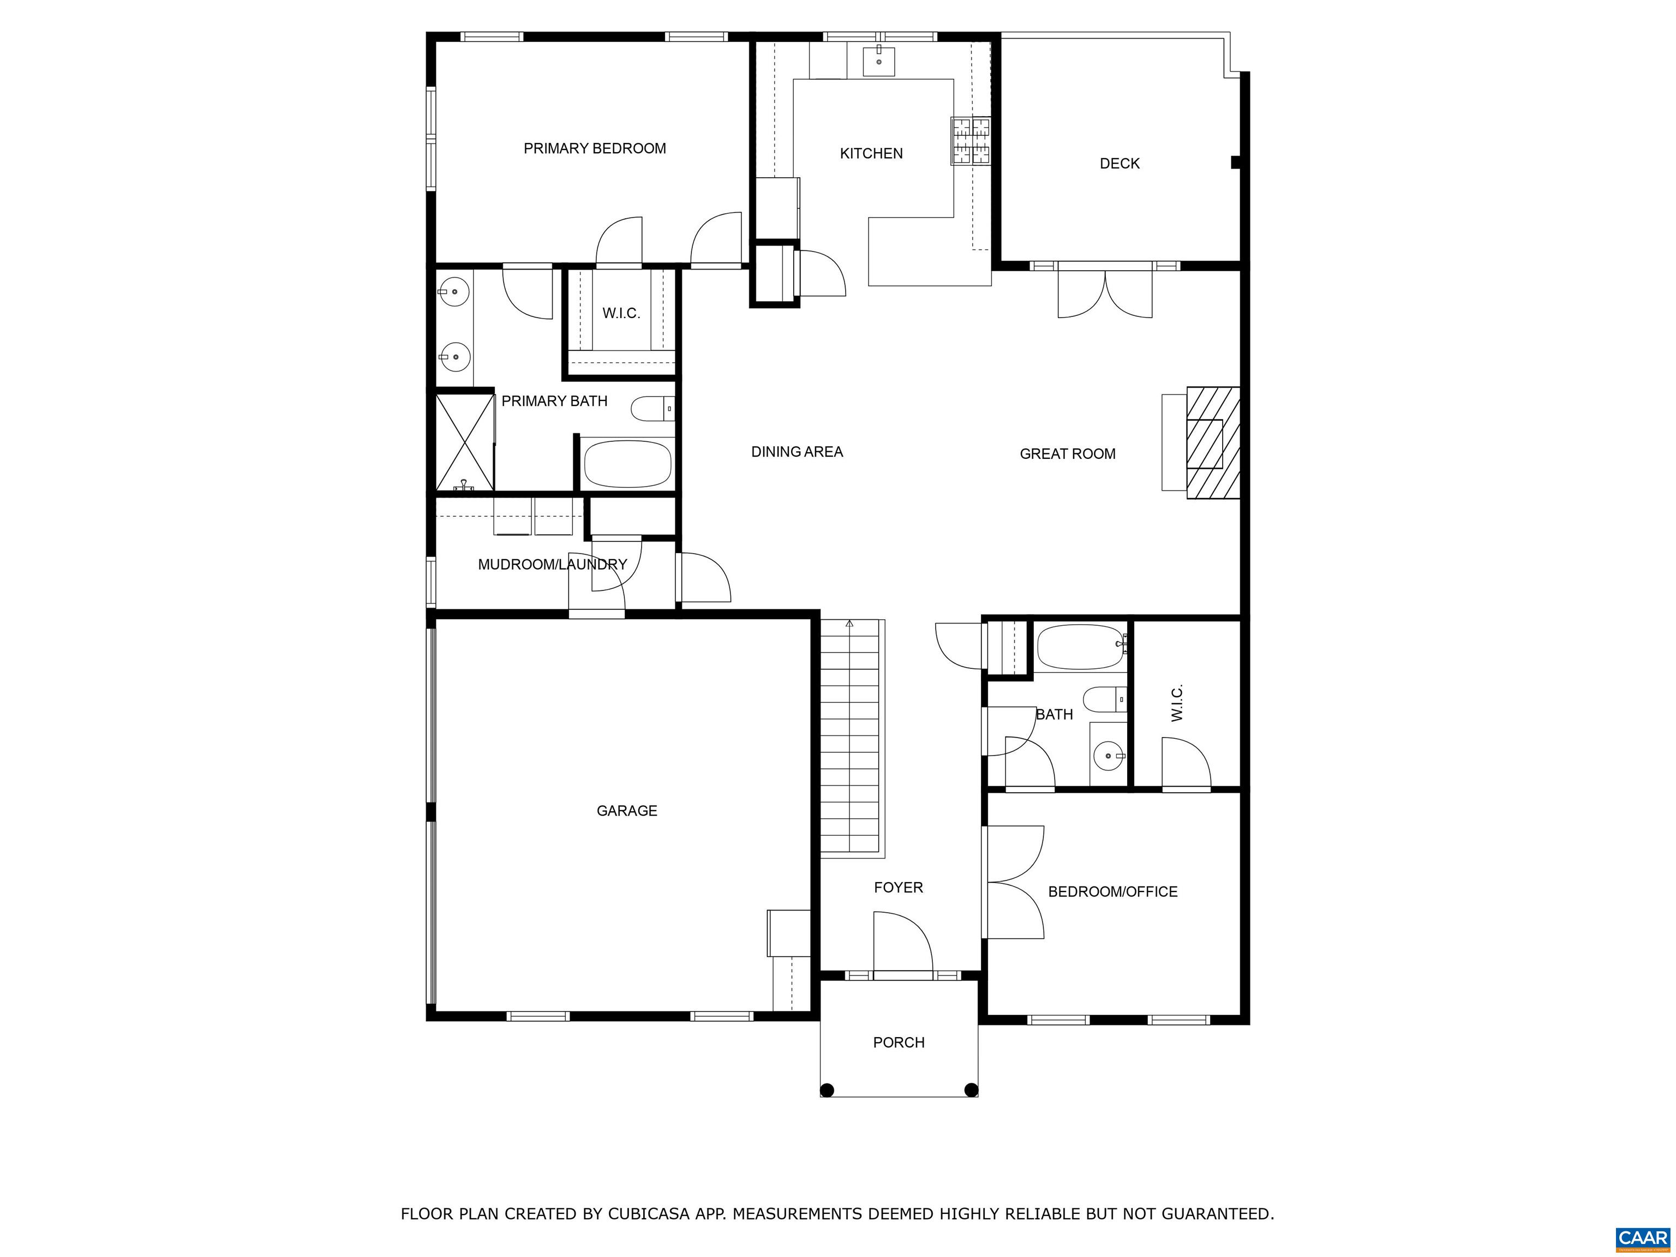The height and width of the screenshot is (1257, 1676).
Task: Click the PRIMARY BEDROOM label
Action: tap(595, 148)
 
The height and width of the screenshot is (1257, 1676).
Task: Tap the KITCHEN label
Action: tap(871, 154)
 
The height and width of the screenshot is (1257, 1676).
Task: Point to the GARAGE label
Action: tap(627, 811)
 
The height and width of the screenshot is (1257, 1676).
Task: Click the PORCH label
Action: tap(899, 1043)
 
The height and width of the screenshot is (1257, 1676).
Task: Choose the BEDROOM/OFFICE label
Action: tap(1112, 892)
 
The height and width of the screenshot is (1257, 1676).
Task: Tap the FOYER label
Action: tap(898, 887)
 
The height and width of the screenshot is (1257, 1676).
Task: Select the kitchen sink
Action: tap(879, 61)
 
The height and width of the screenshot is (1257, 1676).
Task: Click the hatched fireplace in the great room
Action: tap(1212, 442)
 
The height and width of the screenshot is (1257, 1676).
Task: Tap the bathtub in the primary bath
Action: tap(628, 463)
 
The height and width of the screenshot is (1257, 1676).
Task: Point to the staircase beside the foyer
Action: tap(852, 738)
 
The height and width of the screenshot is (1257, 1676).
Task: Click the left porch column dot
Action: tap(828, 1090)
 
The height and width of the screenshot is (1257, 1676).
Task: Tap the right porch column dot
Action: tap(971, 1090)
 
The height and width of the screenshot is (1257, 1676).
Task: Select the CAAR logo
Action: tap(1643, 1238)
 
